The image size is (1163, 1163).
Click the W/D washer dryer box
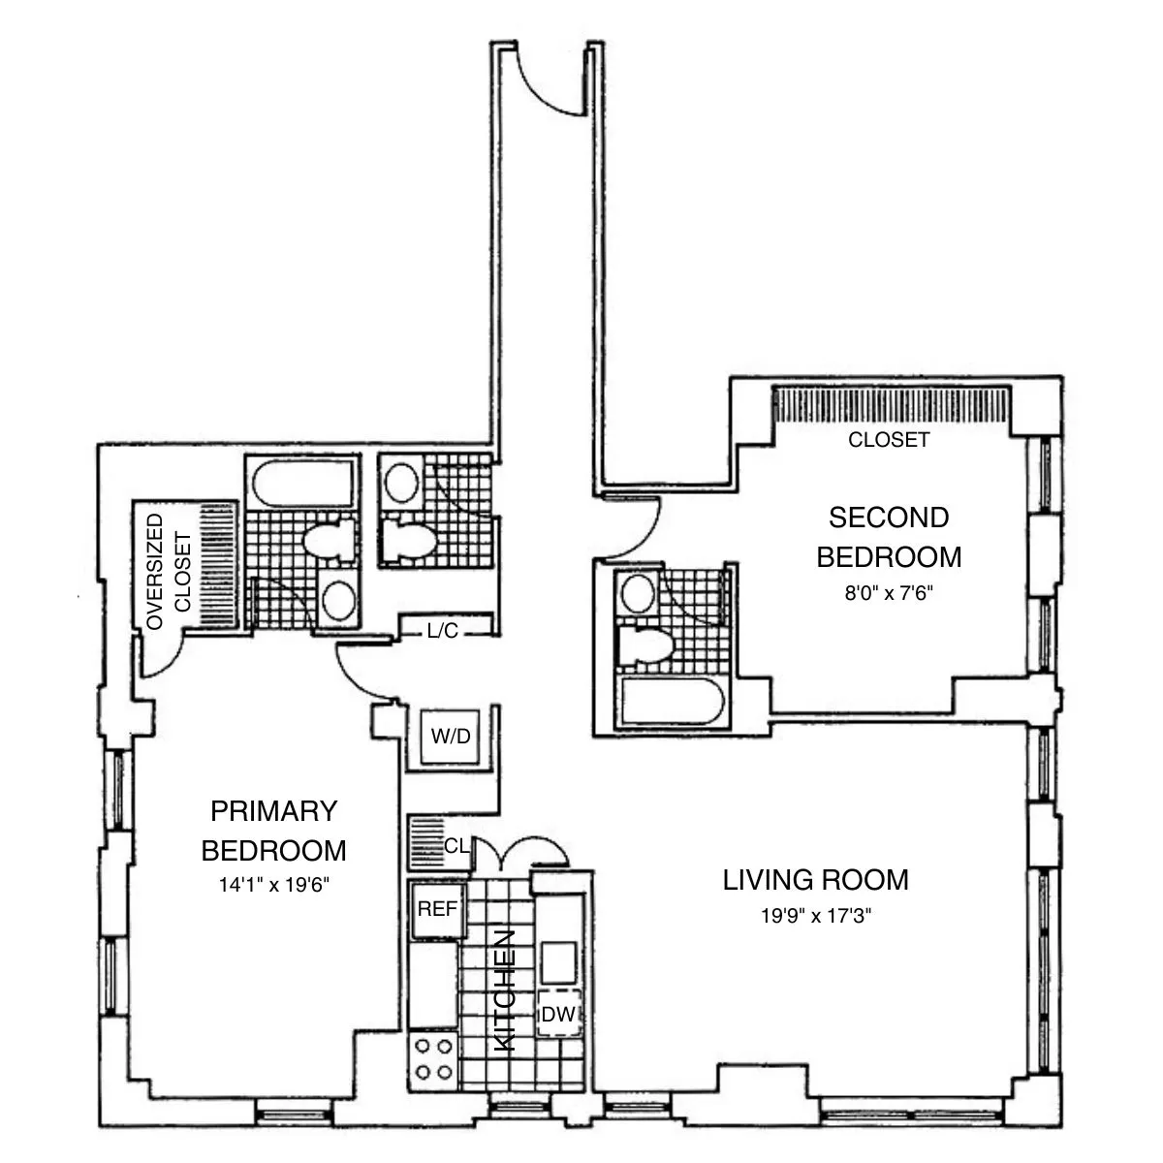point(450,737)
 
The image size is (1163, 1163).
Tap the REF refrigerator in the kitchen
point(436,910)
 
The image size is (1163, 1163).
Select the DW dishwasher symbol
point(559,1015)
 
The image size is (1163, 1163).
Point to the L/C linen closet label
point(442,631)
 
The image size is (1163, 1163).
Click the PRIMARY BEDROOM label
point(273,831)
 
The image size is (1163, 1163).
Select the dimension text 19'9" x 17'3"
point(816,915)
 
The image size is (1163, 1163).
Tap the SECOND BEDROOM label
point(889,538)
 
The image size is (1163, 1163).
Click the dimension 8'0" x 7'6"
point(889,591)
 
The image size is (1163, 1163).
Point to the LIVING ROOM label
point(816,880)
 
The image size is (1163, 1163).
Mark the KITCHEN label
point(505,990)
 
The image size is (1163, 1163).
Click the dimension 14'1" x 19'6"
point(273,885)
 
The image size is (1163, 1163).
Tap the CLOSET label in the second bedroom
point(889,440)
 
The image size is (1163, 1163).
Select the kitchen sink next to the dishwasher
point(559,962)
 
